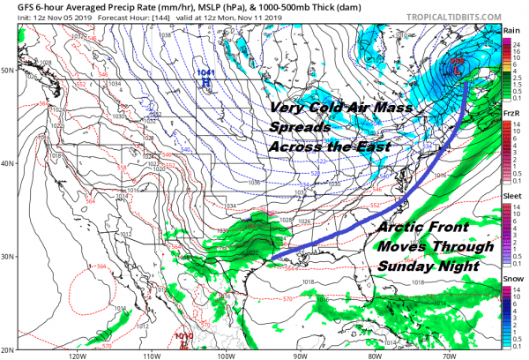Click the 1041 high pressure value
tap(205, 72)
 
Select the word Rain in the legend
tap(510, 30)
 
